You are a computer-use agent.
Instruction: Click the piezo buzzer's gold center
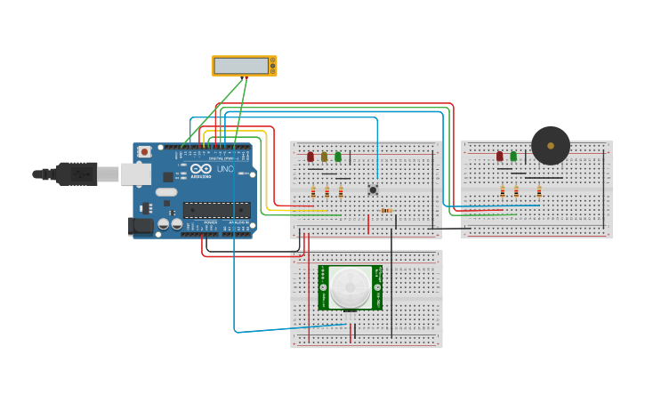551,145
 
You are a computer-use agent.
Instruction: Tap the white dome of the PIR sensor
351,286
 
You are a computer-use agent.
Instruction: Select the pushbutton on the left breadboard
373,189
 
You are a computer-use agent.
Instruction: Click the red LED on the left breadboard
310,157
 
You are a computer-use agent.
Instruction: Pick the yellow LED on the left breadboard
324,157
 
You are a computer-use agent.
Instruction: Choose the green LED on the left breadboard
338,157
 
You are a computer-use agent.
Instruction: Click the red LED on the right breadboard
500,156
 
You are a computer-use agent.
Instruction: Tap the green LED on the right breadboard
513,156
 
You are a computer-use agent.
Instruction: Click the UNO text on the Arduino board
225,169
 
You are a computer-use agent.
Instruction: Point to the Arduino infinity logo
201,168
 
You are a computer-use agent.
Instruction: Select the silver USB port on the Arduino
136,173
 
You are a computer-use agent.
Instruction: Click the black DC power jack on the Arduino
141,226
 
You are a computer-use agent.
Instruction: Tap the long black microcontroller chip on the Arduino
216,210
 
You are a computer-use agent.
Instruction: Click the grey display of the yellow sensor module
241,66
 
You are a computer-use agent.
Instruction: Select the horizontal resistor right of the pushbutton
387,211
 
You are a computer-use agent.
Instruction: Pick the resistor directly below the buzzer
539,190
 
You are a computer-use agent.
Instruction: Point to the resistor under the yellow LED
327,191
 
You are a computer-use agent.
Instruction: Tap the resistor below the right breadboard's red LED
503,191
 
